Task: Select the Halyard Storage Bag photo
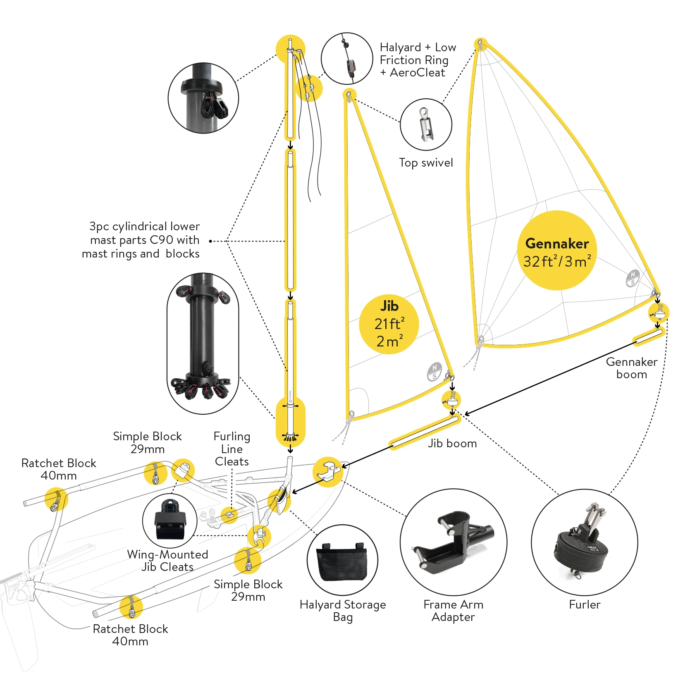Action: (342, 561)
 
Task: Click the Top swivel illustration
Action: (426, 124)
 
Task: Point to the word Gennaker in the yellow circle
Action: (556, 244)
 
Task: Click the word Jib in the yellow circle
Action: (389, 306)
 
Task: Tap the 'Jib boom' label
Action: (452, 444)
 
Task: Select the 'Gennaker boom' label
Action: (631, 368)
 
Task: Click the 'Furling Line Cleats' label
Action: (232, 449)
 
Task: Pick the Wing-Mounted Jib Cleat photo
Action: (169, 521)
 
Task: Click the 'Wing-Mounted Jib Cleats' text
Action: (167, 561)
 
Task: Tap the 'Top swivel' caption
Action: (426, 163)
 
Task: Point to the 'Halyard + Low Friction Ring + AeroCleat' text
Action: (418, 60)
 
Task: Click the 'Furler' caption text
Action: (584, 605)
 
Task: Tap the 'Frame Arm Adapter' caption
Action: (453, 611)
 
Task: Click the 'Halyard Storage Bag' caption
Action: (343, 611)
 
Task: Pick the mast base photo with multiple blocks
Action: (203, 343)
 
